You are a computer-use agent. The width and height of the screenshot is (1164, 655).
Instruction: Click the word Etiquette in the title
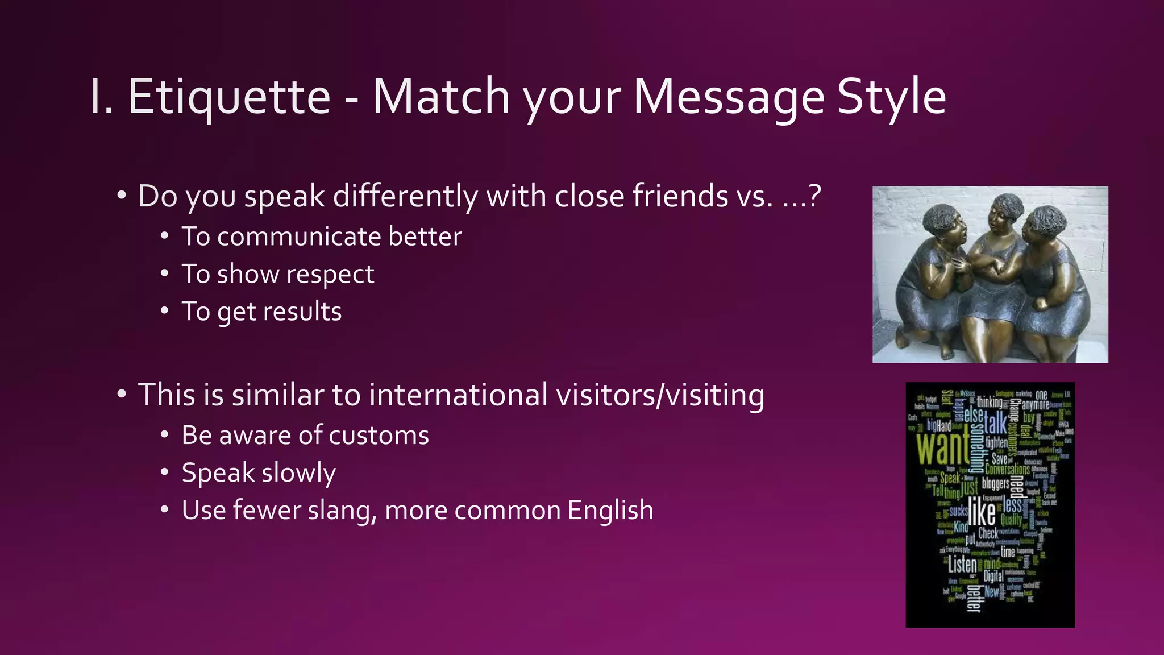click(229, 97)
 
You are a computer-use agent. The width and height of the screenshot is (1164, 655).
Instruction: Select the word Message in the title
click(728, 97)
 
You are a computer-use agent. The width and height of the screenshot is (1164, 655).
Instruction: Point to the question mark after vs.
click(814, 196)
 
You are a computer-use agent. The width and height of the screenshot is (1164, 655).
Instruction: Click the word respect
click(330, 275)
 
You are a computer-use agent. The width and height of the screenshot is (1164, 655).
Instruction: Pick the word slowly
click(298, 473)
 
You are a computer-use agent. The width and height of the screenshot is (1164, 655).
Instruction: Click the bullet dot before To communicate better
click(164, 235)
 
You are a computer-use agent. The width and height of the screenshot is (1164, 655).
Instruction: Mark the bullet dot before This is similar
click(121, 393)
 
